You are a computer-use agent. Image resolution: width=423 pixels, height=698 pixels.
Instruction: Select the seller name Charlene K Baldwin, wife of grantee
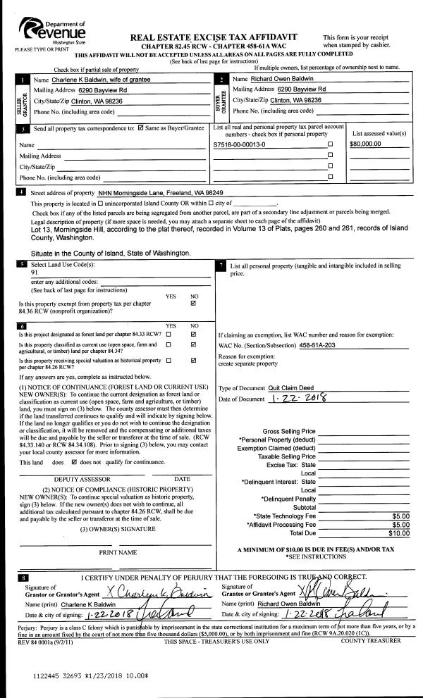coord(102,80)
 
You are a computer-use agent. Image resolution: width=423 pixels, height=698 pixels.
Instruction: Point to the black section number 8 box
coord(25,578)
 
